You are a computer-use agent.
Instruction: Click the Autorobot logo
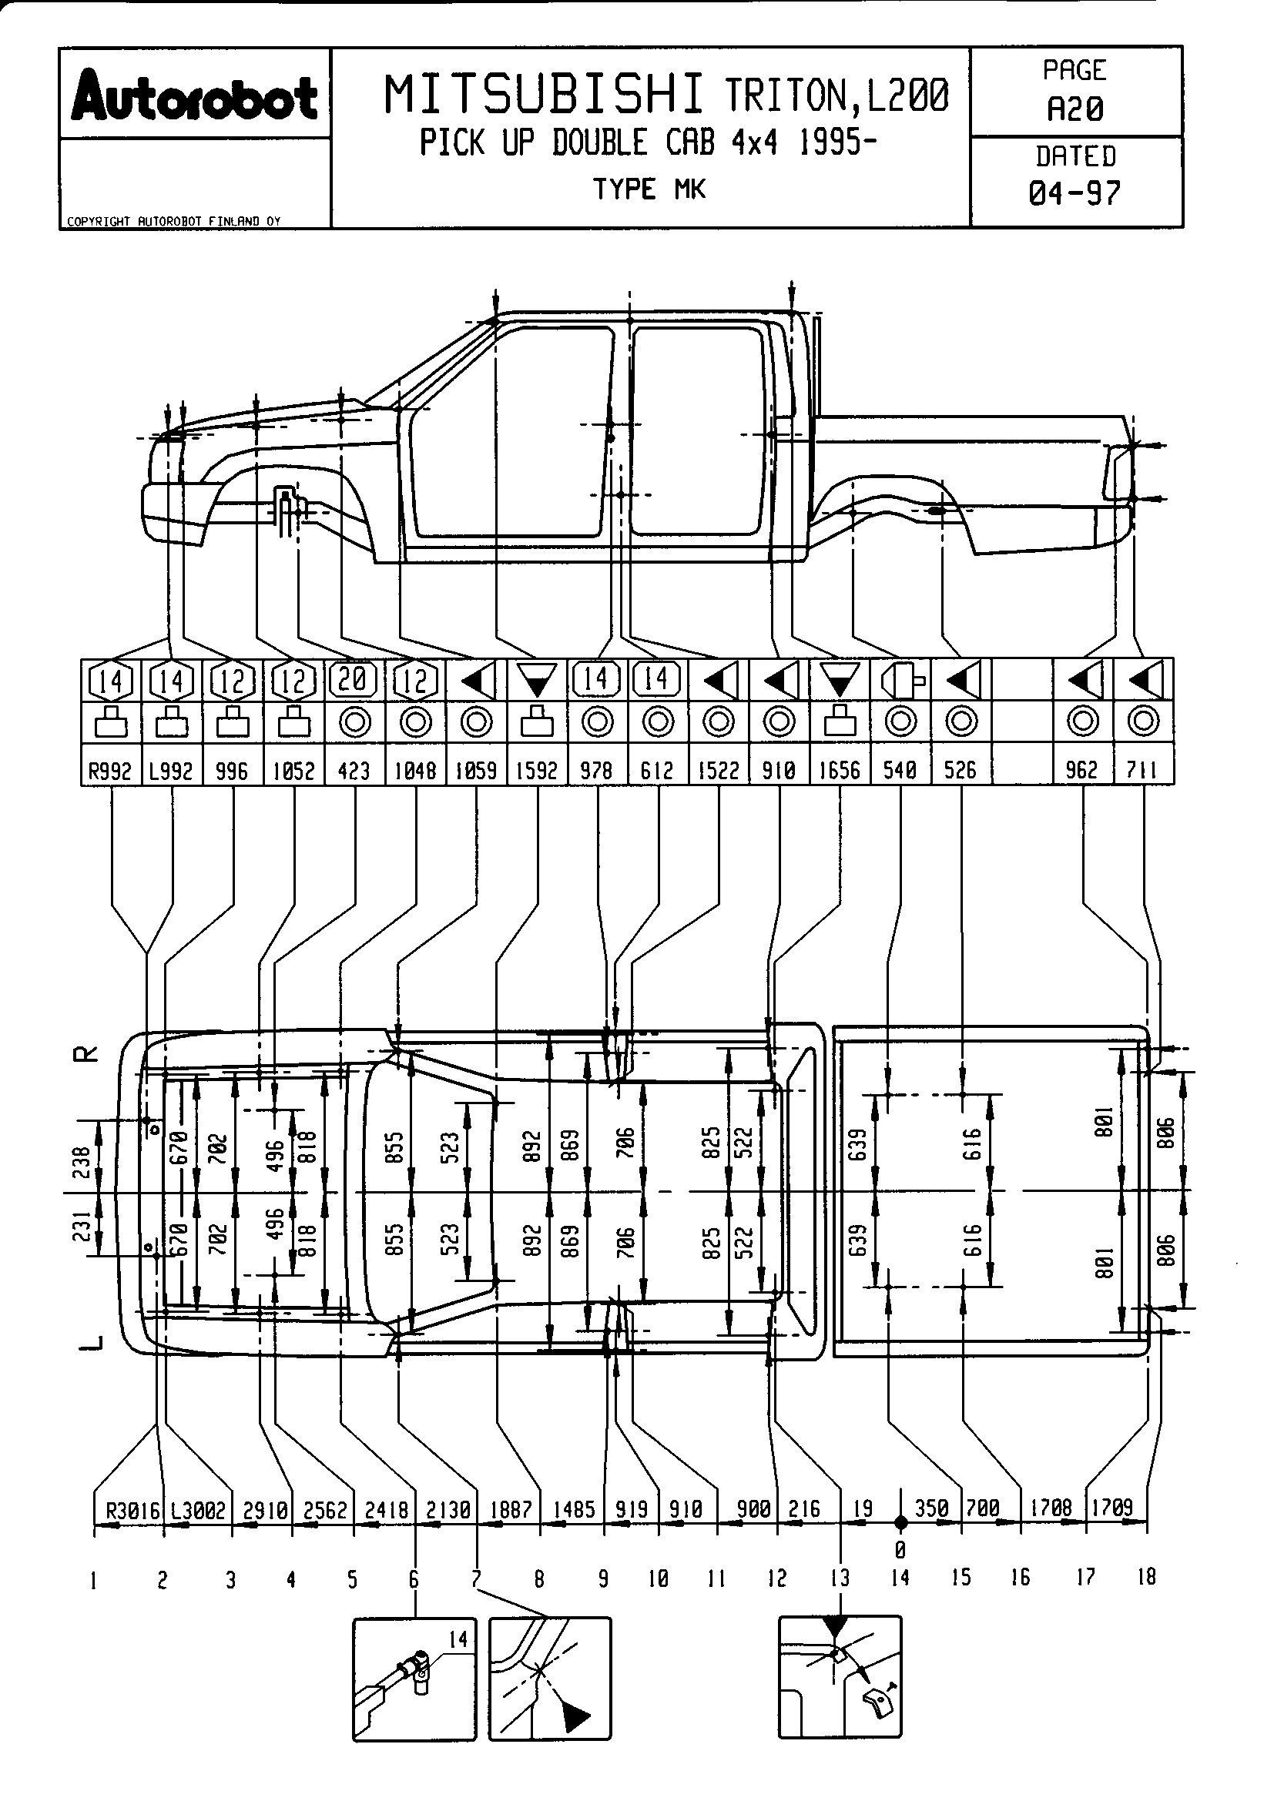194,98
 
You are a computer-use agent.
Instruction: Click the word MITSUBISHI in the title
544,95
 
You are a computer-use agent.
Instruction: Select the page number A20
1075,110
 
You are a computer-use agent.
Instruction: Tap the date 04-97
1075,193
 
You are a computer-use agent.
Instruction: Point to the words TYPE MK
649,189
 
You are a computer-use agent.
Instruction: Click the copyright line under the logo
173,221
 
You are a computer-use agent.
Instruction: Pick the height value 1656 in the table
840,770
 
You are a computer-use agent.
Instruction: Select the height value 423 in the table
354,770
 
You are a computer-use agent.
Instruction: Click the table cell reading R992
111,770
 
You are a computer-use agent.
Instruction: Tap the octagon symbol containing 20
354,679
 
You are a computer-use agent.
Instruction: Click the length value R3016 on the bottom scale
132,1510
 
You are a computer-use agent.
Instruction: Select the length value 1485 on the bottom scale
574,1510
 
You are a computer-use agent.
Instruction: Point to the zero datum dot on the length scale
900,1522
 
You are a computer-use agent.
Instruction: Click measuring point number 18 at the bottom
1146,1578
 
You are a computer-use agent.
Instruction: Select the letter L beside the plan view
92,1343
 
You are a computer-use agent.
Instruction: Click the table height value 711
1142,770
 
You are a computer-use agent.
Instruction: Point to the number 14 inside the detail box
458,1639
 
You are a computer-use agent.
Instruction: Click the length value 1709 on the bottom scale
1112,1508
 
